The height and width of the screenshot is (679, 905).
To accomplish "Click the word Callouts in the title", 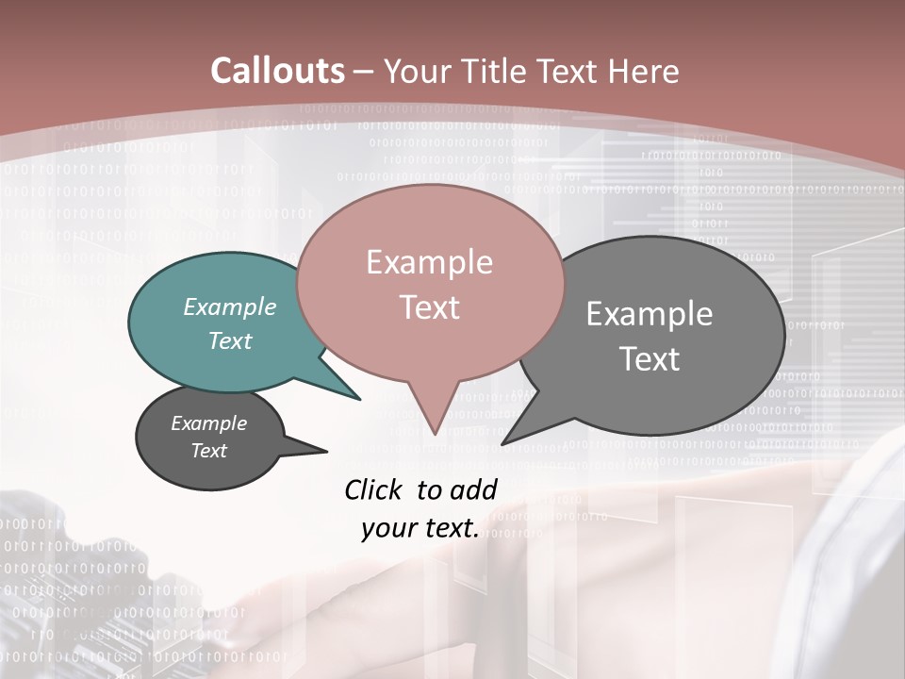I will click(x=277, y=71).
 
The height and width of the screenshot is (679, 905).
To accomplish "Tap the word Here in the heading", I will click(x=642, y=72).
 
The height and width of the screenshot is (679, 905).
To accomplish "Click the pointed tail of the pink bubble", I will click(x=434, y=420).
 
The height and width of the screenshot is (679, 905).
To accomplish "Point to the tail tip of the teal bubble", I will click(x=358, y=398).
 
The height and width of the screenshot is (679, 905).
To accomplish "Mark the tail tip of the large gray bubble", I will click(x=504, y=442).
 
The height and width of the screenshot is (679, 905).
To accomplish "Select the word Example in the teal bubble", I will click(x=230, y=307).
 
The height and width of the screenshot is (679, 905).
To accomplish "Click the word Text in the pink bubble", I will click(x=430, y=307).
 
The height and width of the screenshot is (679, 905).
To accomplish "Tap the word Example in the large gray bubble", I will click(x=650, y=314).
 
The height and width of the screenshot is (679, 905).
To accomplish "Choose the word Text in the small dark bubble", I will click(x=209, y=451).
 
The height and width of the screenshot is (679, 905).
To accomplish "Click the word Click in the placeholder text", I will click(x=374, y=489).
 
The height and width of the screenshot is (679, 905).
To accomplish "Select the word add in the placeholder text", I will click(x=474, y=489).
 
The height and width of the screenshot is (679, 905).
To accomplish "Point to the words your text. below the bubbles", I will click(x=420, y=529).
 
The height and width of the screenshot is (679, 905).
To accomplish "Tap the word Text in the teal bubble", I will click(x=230, y=340).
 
